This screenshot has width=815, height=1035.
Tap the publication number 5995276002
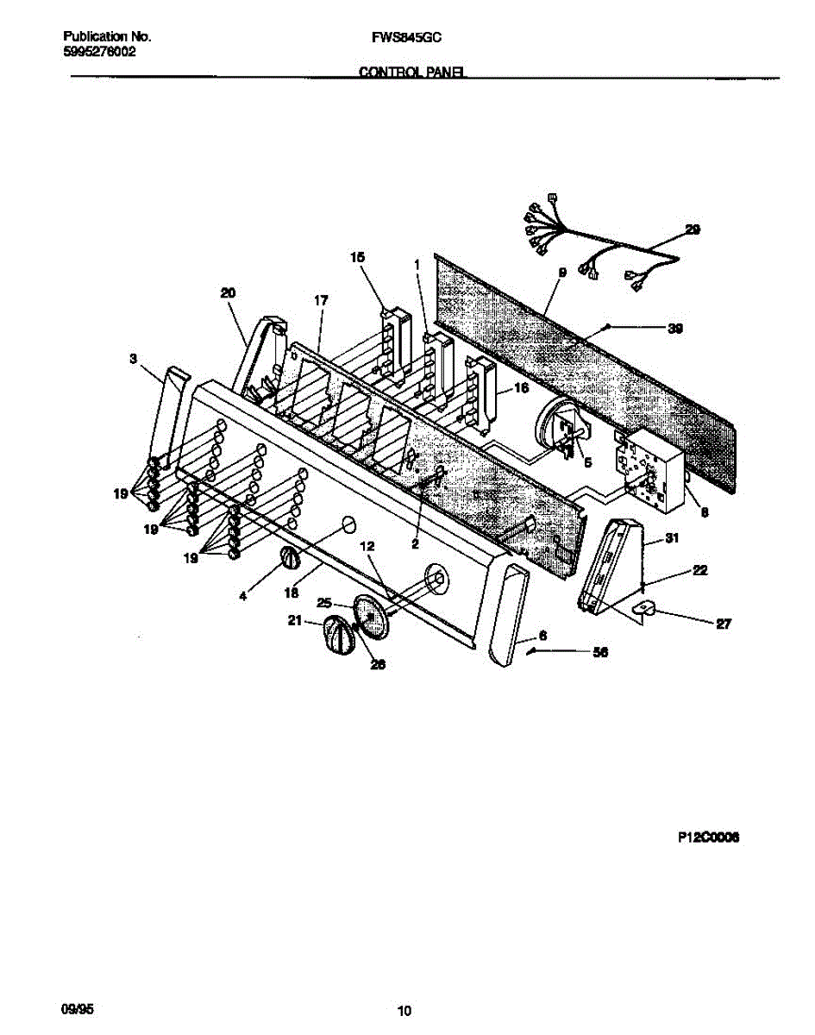[x=99, y=52]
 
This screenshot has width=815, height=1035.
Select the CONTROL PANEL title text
[x=412, y=74]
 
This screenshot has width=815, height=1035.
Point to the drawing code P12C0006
[x=709, y=837]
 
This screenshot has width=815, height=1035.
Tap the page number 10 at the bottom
[x=404, y=1011]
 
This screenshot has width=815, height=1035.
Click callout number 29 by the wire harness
[x=693, y=229]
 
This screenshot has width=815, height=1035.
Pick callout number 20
[x=228, y=293]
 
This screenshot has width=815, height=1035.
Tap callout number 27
[x=723, y=624]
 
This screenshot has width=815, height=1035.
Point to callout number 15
[x=357, y=257]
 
